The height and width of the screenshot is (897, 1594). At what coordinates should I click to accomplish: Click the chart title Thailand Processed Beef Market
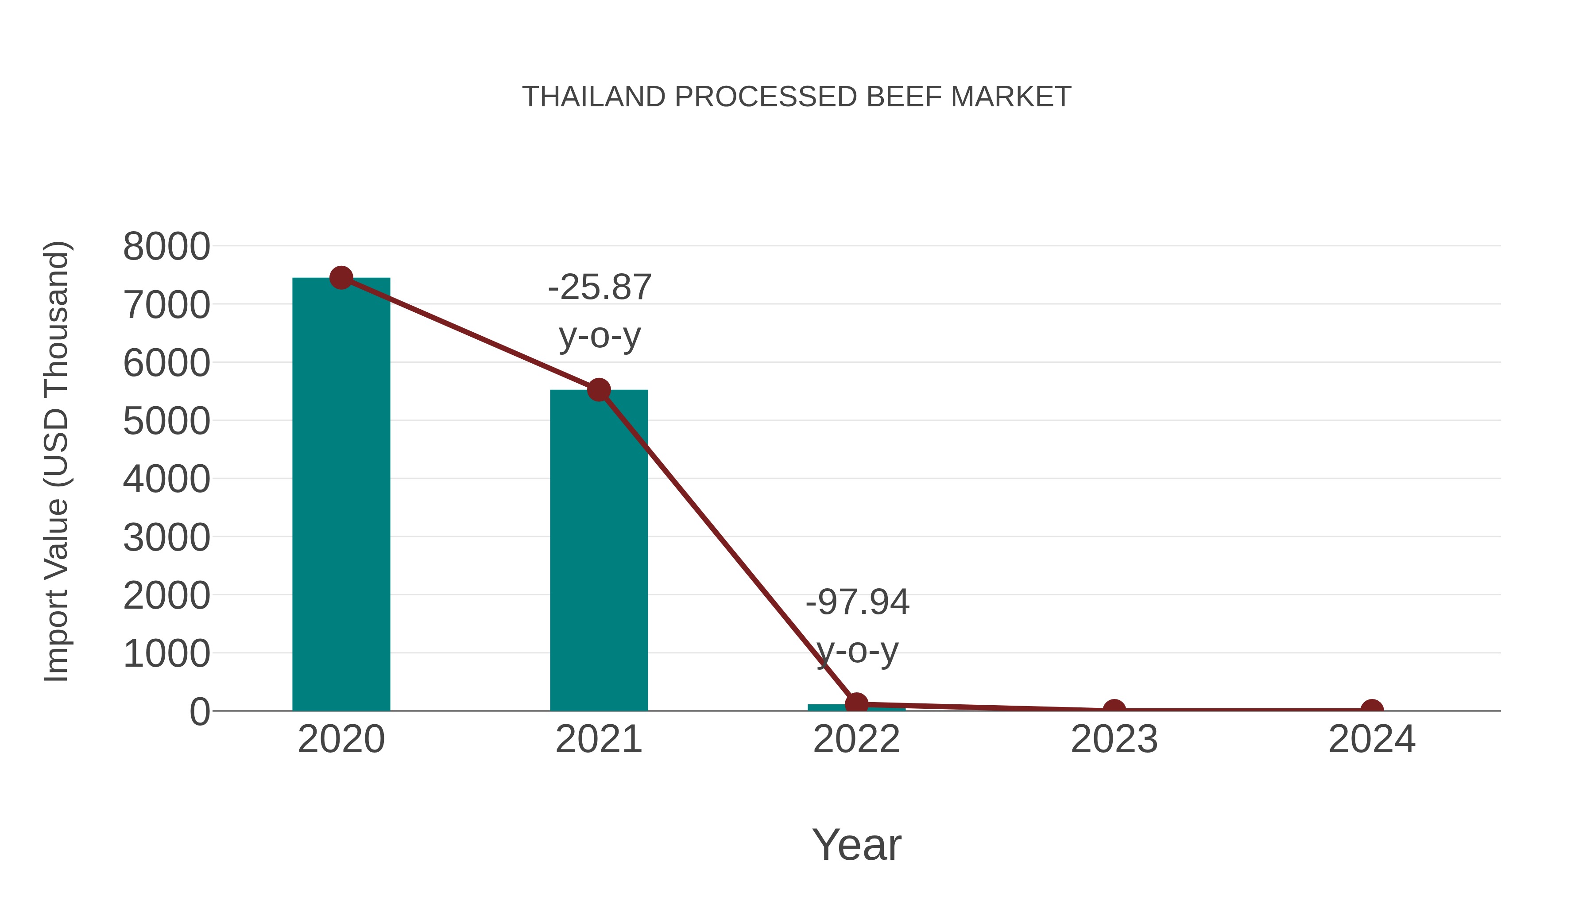point(797,97)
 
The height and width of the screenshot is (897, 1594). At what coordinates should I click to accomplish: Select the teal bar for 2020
point(341,495)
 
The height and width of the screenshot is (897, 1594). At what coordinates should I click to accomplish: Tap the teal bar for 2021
point(598,551)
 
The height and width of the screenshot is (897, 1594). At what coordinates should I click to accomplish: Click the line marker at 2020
point(341,278)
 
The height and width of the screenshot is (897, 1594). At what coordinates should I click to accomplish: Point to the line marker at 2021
point(598,390)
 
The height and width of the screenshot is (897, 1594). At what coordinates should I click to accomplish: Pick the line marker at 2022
point(856,704)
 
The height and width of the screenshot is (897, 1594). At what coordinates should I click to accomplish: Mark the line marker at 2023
point(1114,710)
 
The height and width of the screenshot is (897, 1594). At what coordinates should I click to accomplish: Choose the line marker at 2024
point(1372,710)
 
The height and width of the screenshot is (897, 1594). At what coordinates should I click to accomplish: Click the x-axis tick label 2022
point(856,739)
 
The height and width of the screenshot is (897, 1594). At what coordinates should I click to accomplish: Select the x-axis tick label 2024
point(1372,739)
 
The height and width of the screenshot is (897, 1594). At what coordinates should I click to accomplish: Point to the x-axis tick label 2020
point(341,739)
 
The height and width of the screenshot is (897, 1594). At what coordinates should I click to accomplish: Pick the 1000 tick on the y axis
point(166,654)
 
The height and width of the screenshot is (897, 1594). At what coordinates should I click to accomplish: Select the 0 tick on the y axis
point(200,712)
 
